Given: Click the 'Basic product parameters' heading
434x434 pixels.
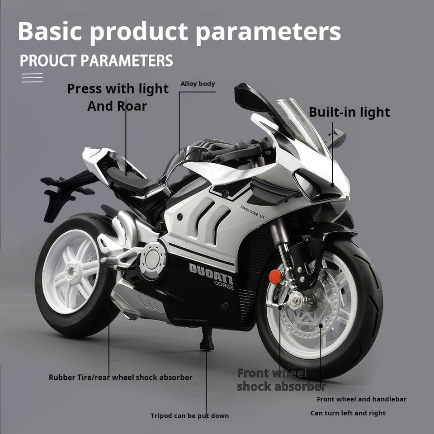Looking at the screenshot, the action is tap(179, 31).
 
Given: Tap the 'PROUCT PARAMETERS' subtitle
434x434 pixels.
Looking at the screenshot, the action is tap(96, 61).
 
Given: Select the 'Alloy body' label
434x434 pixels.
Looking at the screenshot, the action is tap(198, 84).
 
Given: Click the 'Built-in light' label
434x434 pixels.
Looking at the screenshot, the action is tap(349, 112).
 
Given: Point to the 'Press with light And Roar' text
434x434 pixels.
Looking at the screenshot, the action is tap(118, 97).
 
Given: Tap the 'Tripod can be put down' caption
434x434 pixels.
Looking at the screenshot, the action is tap(189, 415).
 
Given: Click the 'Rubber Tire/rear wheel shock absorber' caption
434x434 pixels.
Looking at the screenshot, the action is tap(120, 377).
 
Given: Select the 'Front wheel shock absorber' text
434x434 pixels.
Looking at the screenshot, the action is tap(281, 380).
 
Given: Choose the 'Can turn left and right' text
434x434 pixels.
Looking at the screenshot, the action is tap(348, 413).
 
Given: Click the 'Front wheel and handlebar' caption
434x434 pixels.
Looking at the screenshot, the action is tap(361, 399).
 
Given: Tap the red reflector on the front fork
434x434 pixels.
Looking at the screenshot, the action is tap(274, 277).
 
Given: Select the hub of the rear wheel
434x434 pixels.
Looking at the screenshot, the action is tap(71, 272).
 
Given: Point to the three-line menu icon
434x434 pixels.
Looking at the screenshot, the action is tap(32, 78).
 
